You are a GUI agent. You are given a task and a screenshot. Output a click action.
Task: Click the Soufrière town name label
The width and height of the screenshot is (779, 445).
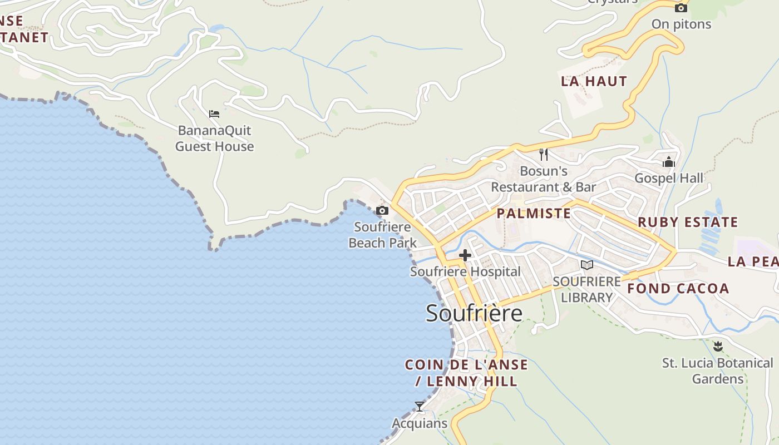[x=474, y=313]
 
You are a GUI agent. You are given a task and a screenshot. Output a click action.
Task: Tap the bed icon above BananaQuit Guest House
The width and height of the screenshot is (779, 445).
[x=214, y=114]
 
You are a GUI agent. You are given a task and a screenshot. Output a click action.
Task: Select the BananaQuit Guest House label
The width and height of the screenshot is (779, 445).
[x=215, y=139]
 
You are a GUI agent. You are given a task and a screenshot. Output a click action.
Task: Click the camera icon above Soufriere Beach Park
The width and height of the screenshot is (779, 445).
[x=382, y=210]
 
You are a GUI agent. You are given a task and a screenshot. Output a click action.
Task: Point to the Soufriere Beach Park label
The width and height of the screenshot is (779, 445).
[x=383, y=235]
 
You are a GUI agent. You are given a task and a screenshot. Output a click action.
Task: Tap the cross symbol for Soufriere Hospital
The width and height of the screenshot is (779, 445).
[x=465, y=255]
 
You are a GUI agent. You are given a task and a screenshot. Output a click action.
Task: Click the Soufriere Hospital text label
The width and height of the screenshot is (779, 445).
[x=465, y=271]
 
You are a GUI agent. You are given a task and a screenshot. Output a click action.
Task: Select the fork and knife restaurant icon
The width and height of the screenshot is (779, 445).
[x=544, y=155]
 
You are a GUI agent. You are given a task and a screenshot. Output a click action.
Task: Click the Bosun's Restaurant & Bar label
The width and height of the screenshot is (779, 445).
[x=543, y=179]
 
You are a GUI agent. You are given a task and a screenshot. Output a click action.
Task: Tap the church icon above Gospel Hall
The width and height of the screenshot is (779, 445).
[x=668, y=162]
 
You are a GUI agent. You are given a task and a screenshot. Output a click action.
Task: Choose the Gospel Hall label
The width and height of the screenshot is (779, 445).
[x=669, y=178]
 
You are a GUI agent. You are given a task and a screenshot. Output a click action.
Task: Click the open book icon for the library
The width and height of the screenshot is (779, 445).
[x=586, y=265]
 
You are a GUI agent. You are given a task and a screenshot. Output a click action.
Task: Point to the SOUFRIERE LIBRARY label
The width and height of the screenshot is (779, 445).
[x=586, y=289]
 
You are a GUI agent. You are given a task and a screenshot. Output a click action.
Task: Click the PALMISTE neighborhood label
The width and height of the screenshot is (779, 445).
[x=534, y=214]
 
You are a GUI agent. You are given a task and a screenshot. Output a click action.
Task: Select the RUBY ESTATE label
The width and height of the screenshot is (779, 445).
[x=688, y=222]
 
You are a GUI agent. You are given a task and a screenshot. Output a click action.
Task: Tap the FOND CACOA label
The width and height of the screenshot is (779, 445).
[x=678, y=288]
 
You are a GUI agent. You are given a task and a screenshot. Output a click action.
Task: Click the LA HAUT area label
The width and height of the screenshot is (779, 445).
[x=594, y=81]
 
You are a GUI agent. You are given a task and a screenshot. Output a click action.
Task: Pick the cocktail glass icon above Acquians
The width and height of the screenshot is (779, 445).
[x=420, y=407]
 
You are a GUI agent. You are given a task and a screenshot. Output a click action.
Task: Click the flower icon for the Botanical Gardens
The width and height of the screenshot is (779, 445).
[x=718, y=347]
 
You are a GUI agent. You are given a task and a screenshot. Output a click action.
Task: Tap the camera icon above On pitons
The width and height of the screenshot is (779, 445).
[x=681, y=8]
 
